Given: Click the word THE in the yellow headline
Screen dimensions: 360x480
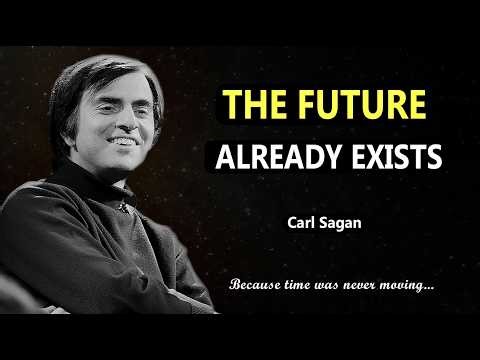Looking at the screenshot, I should click(254, 105).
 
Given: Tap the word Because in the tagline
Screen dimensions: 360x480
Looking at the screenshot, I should click(257, 285).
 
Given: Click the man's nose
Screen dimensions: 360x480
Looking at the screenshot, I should click(140, 126).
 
